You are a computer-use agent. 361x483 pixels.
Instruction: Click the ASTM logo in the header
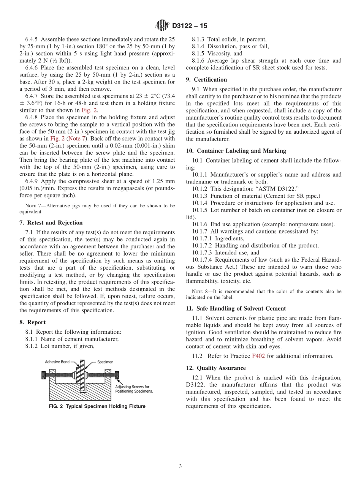point(162,26)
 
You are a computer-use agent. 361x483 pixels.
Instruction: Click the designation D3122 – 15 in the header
point(190,26)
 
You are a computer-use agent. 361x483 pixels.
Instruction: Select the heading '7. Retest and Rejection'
point(51,223)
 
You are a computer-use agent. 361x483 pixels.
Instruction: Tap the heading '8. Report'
point(32,322)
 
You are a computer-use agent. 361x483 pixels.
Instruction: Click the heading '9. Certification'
point(206,79)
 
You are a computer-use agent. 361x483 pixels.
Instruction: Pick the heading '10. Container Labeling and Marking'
point(236,151)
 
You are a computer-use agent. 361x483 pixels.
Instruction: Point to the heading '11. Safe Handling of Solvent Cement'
point(236,308)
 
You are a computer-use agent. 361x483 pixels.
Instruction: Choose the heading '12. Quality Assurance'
point(216,368)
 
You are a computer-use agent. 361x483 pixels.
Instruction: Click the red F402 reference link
point(258,356)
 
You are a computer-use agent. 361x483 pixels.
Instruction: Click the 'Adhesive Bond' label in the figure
point(57,362)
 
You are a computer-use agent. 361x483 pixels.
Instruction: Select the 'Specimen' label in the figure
point(106,362)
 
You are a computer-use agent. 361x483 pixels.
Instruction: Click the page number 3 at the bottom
point(180,466)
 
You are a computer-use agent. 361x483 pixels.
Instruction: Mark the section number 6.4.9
point(31,181)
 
